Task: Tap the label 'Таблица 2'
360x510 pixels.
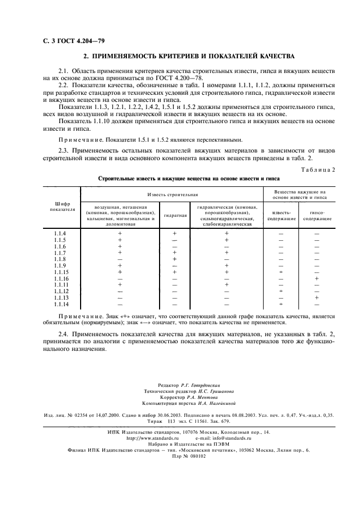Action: tap(320, 170)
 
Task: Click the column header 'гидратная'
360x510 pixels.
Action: tap(175, 215)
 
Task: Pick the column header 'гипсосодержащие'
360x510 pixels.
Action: tap(318, 215)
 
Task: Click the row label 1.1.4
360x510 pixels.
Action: tap(60, 233)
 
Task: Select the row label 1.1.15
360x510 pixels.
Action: tap(61, 272)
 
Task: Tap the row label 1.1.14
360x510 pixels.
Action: tap(61, 304)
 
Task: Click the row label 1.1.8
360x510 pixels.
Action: tap(60, 259)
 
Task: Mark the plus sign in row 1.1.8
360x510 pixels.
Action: tap(174, 259)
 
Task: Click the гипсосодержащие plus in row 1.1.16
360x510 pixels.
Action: tap(316, 278)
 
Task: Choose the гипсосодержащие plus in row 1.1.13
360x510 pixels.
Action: tap(316, 297)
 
